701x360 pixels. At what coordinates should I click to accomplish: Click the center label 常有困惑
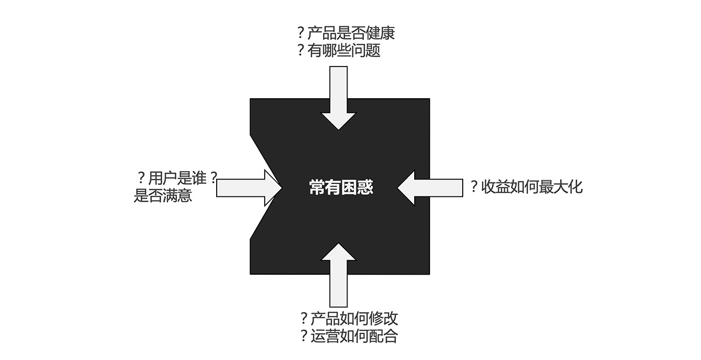(341, 188)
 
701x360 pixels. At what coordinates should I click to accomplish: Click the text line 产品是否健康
(351, 33)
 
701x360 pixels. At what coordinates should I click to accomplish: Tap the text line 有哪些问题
(343, 50)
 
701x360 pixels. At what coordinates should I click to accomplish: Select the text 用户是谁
(178, 178)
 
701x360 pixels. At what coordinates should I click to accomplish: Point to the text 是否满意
(163, 196)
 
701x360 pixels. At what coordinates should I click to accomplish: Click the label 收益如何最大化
(532, 187)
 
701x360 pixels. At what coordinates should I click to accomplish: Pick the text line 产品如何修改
(354, 319)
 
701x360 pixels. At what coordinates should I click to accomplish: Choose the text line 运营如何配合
(354, 336)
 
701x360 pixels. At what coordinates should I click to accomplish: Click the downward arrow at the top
(338, 98)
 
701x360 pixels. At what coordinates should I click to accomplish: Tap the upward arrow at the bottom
(338, 275)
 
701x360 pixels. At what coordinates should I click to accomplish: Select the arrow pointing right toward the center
(249, 188)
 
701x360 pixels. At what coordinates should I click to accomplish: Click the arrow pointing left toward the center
(430, 188)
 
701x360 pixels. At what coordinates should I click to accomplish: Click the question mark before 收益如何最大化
(474, 186)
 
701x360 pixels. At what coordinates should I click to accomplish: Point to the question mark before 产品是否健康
(301, 33)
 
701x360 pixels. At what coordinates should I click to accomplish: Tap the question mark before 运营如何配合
(304, 336)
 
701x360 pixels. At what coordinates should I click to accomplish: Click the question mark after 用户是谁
(213, 178)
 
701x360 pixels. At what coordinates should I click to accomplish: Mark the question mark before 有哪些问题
(301, 50)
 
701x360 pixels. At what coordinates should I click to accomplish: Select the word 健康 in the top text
(380, 33)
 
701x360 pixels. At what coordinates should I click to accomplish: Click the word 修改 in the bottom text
(383, 319)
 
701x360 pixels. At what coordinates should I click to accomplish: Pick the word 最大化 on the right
(561, 187)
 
